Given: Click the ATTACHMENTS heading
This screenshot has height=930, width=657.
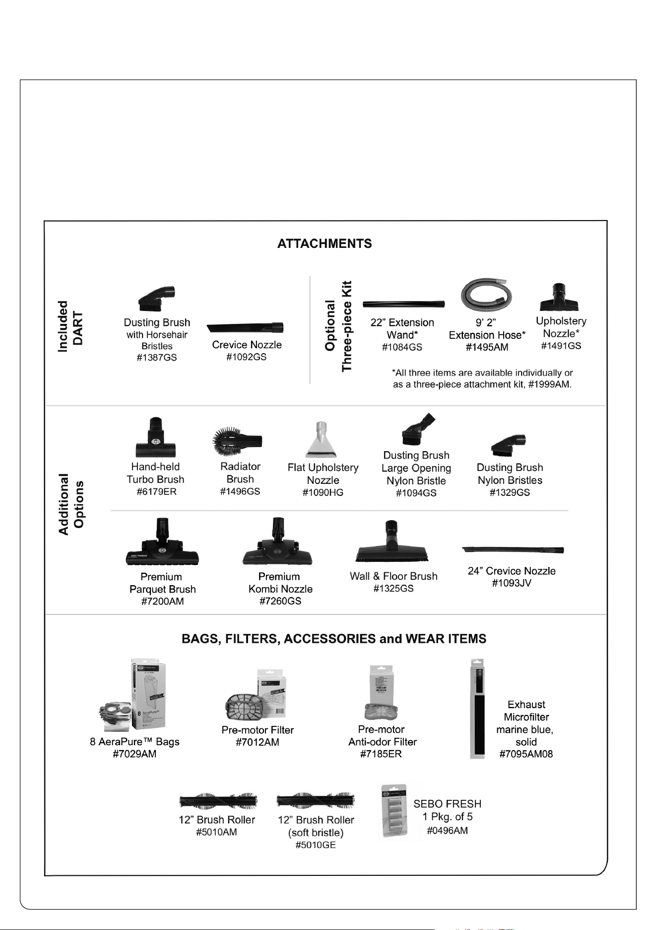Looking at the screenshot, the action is pyautogui.click(x=325, y=243).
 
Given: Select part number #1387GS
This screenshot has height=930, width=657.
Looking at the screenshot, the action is pyautogui.click(x=157, y=358).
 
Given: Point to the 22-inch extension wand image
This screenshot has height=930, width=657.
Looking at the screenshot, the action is pyautogui.click(x=403, y=304).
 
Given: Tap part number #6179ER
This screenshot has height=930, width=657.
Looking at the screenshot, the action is pyautogui.click(x=156, y=492).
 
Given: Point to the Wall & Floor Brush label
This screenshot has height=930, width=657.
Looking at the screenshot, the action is pyautogui.click(x=394, y=576).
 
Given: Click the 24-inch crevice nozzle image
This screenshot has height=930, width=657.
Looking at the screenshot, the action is pyautogui.click(x=513, y=549).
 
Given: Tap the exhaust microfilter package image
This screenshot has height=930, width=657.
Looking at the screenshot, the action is pyautogui.click(x=477, y=709).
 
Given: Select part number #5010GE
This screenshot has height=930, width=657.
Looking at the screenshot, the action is pyautogui.click(x=316, y=845).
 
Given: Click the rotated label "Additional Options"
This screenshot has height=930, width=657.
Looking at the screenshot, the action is pyautogui.click(x=71, y=504).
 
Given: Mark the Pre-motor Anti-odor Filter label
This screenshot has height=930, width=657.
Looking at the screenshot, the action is pyautogui.click(x=382, y=736).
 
